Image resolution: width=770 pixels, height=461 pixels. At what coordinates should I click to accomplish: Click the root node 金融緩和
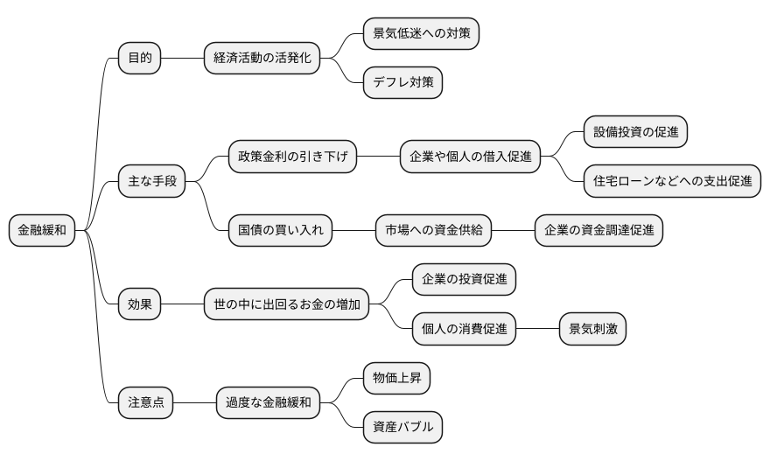click(x=42, y=231)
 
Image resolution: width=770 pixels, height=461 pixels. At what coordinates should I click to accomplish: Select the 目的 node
click(x=140, y=59)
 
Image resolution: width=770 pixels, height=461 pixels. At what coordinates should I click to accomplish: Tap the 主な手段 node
click(x=152, y=182)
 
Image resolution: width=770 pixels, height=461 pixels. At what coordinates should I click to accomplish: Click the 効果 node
click(x=140, y=304)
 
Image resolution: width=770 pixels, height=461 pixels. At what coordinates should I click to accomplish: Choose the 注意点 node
click(x=146, y=403)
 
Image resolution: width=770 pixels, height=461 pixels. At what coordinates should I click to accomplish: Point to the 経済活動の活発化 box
click(x=261, y=59)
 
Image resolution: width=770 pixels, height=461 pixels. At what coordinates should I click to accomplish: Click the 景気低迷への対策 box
click(x=422, y=34)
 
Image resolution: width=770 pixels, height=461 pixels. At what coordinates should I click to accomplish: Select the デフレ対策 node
click(x=402, y=83)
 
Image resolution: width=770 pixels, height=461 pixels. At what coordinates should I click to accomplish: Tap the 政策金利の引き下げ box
click(x=292, y=157)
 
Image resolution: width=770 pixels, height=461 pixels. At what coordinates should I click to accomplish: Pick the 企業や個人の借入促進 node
click(x=470, y=157)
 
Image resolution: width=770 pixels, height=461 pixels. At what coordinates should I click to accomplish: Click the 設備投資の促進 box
click(x=636, y=133)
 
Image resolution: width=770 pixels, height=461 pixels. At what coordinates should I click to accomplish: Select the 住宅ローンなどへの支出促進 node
click(x=672, y=182)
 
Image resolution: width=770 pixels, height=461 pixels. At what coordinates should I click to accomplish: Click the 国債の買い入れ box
click(x=280, y=231)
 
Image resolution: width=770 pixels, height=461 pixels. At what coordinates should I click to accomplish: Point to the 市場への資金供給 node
click(x=433, y=231)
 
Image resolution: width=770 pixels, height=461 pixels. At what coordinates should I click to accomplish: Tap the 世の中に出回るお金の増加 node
click(x=286, y=304)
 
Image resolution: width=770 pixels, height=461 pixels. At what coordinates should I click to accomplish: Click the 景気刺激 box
click(x=592, y=329)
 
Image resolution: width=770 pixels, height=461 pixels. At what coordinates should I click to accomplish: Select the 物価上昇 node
click(x=396, y=379)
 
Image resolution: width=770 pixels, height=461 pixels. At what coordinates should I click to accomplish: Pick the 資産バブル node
click(x=402, y=428)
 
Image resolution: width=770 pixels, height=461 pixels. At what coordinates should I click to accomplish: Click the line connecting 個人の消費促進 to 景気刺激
click(x=537, y=329)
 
